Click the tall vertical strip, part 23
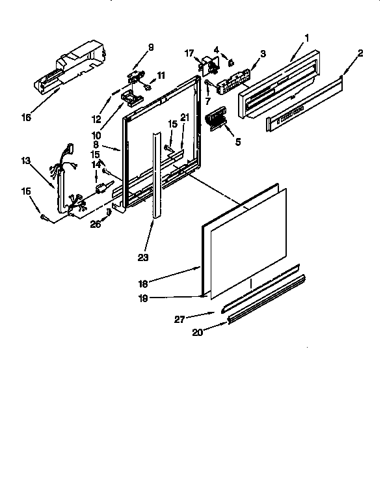click(x=157, y=176)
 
